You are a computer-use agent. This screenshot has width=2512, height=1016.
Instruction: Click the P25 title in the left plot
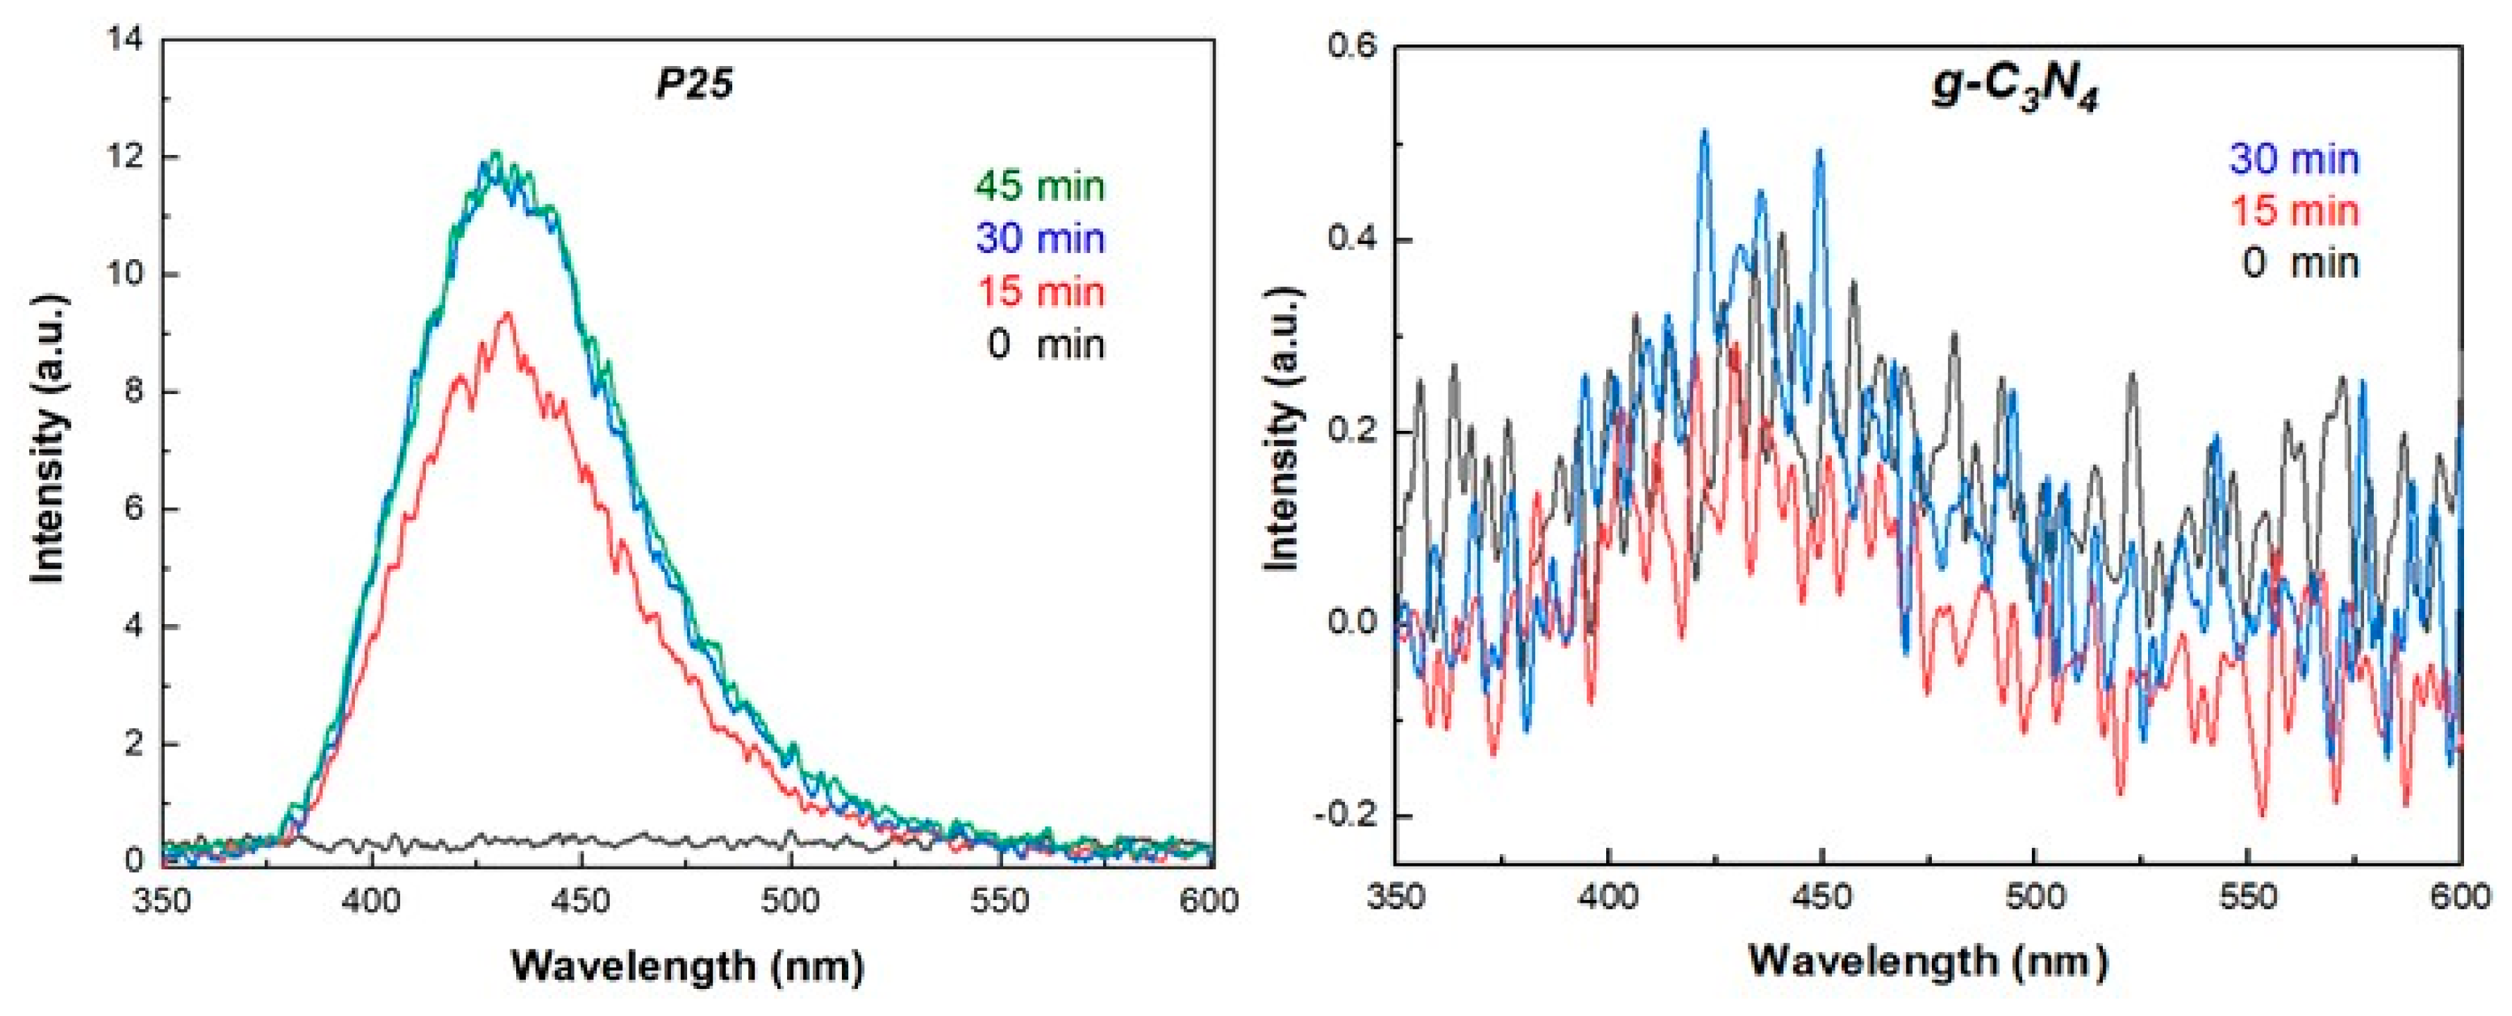pyautogui.click(x=693, y=85)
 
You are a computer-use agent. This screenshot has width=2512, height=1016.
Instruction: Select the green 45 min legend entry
pyautogui.click(x=1039, y=186)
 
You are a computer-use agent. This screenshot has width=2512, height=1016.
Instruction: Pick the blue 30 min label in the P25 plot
pyautogui.click(x=1039, y=239)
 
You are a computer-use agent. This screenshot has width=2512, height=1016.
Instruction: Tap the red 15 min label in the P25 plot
pyautogui.click(x=1039, y=292)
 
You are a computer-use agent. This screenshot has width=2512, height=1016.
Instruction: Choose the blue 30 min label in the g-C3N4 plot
pyautogui.click(x=2294, y=159)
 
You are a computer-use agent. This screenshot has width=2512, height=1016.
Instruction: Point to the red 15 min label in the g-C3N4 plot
pyautogui.click(x=2294, y=211)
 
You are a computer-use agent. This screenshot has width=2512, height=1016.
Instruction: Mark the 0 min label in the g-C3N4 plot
pyautogui.click(x=2299, y=263)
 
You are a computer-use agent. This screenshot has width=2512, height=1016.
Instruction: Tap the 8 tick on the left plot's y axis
pyautogui.click(x=133, y=392)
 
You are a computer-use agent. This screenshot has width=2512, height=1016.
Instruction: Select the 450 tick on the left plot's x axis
pyautogui.click(x=580, y=901)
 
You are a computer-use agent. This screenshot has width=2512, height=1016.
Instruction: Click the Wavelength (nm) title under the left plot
pyautogui.click(x=688, y=966)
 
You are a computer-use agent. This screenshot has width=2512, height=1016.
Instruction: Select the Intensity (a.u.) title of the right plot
pyautogui.click(x=1282, y=429)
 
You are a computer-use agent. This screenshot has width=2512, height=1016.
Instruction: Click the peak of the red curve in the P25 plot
pyautogui.click(x=507, y=314)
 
